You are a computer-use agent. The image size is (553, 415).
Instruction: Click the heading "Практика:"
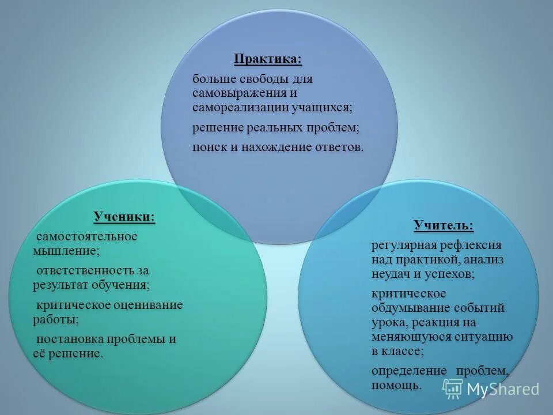tap(267, 59)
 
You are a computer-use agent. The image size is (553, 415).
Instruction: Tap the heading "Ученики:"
tap(124, 217)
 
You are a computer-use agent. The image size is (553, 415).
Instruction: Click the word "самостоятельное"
tap(87, 236)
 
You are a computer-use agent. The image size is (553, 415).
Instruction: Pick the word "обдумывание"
tap(410, 308)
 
